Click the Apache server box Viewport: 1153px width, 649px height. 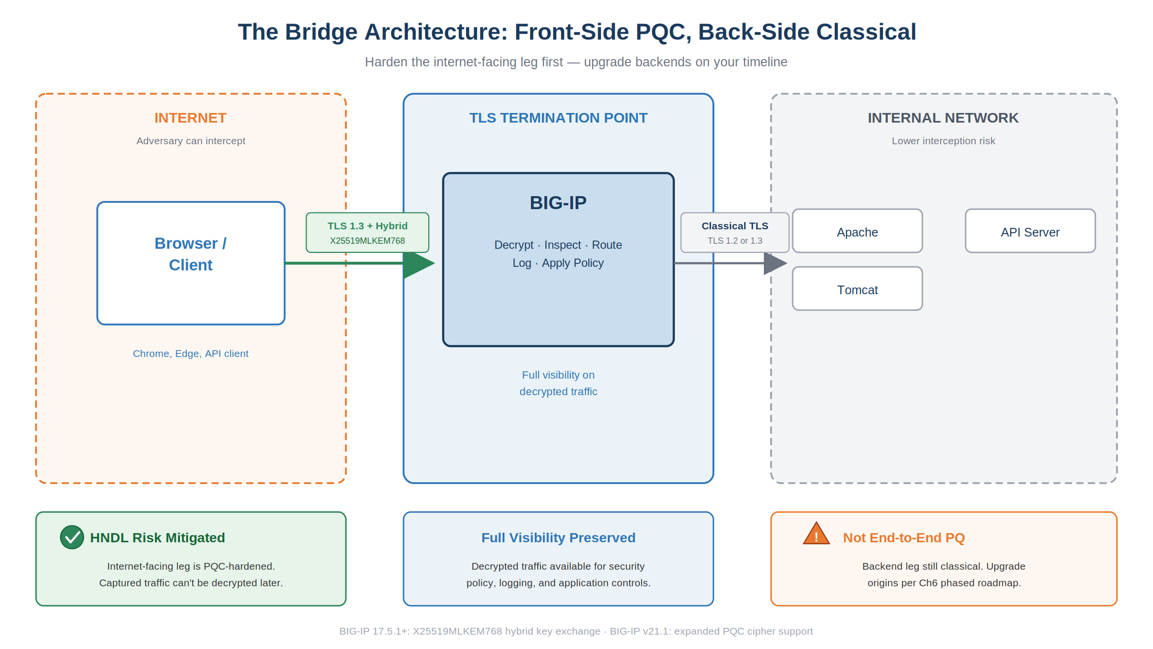pos(857,231)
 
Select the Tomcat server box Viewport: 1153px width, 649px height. pos(857,288)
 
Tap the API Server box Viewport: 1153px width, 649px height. pos(1030,231)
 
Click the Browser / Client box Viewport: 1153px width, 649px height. pos(191,263)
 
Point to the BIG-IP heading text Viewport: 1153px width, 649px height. pos(558,203)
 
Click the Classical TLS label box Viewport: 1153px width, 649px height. pos(735,233)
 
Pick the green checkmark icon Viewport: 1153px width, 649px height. pos(72,537)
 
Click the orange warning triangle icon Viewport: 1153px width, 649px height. pos(816,534)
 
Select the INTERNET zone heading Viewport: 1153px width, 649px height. pos(190,118)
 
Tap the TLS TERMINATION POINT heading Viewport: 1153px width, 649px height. pos(558,118)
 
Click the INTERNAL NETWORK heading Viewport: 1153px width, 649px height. pos(943,118)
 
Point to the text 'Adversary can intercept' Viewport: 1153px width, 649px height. pos(191,141)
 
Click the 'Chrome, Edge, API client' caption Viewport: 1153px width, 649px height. pos(191,354)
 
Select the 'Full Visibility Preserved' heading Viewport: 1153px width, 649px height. pos(558,537)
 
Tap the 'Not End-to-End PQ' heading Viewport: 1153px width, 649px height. pos(904,537)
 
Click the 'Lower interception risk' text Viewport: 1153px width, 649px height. pos(944,141)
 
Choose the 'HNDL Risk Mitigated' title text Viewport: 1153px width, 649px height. pos(158,537)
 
